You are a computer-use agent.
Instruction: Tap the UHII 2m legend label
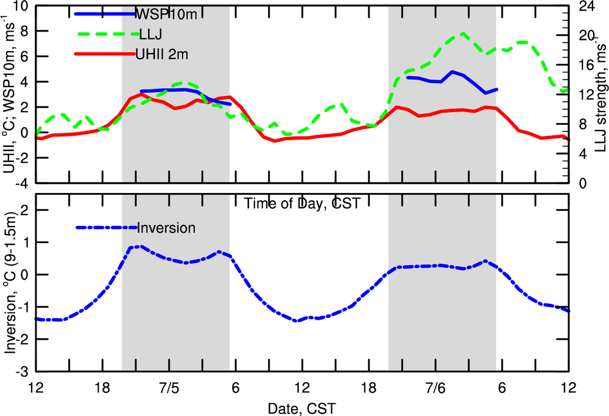pos(163,55)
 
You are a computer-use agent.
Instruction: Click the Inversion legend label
pos(166,228)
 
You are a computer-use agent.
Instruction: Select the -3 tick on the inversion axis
pos(23,372)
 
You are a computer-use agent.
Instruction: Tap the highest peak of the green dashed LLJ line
pos(462,33)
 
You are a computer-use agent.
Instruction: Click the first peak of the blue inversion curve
pos(139,246)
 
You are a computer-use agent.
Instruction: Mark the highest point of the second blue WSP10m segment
pos(452,72)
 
